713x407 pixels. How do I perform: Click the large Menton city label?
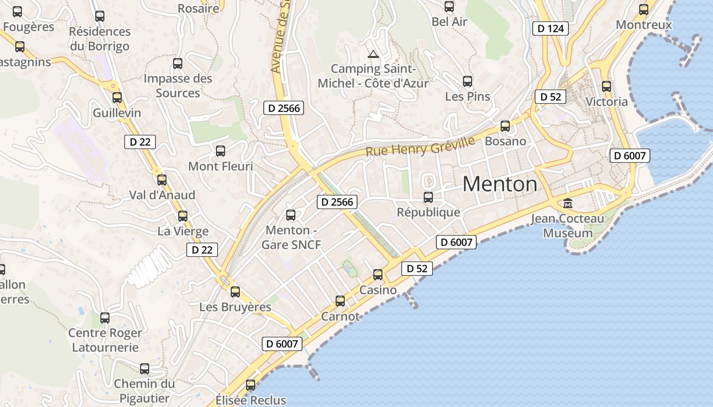pos(500,184)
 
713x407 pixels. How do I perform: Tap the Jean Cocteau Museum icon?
pos(567,203)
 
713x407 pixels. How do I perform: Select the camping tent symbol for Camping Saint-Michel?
pos(373,54)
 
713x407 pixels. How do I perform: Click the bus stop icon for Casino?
pos(378,275)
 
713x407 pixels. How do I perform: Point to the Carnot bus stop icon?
pos(340,301)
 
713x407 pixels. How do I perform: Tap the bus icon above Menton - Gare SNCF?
pos(291,215)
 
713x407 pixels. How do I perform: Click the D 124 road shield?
pos(550,28)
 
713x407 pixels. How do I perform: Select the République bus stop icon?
pos(428,197)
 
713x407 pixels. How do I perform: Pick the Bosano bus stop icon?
pos(505,126)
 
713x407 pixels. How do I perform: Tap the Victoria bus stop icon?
pos(606,86)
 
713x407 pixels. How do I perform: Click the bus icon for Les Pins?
pos(468,81)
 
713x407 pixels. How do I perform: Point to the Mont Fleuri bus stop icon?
pos(221,151)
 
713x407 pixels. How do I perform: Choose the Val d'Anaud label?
pos(162,195)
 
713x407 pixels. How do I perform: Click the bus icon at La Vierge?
pos(183,216)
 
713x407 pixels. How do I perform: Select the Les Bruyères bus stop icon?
pos(235,292)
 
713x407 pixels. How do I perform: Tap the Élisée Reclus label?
pos(251,400)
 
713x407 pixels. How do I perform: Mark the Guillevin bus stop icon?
pos(117,98)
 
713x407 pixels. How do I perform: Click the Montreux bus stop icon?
pos(644,10)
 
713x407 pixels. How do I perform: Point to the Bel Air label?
pos(449,21)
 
